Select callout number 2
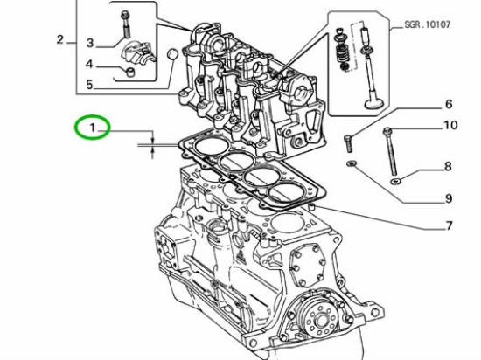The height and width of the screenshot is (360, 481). [59, 38]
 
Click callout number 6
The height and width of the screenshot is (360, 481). [448, 104]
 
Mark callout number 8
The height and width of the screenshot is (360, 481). [448, 166]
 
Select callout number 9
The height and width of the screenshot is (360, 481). [448, 197]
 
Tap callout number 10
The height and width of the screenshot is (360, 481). [450, 125]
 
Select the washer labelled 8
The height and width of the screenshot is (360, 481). [396, 181]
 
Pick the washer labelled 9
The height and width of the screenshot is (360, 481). [351, 163]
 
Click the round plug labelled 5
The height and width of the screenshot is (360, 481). [171, 55]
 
